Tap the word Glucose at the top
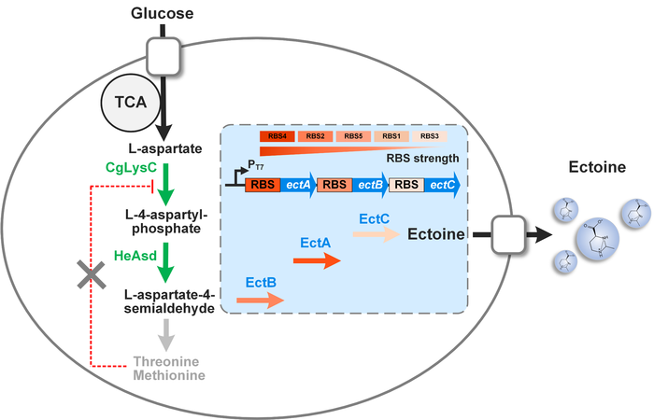coord(164,14)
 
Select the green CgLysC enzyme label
coord(129,165)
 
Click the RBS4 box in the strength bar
coord(277,136)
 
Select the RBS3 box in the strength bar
coord(430,136)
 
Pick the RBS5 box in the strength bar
coord(354,136)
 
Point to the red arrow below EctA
coord(320,262)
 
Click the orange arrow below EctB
coord(260,300)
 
